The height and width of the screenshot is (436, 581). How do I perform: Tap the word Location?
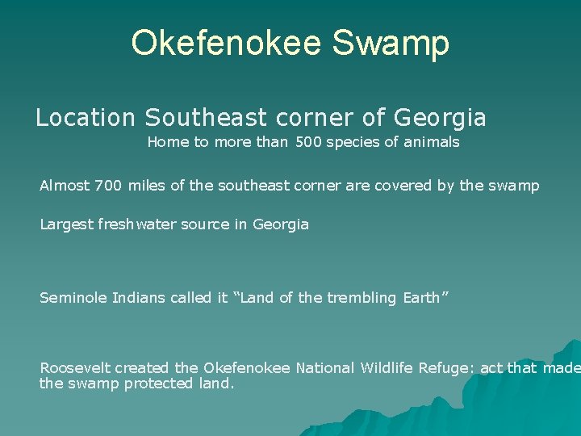coord(86,118)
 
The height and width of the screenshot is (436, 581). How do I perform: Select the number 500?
coord(308,142)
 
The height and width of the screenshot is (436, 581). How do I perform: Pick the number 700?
coord(108,186)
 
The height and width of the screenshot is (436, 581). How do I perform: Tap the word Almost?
coord(65,186)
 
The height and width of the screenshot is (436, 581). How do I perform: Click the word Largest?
coord(67,224)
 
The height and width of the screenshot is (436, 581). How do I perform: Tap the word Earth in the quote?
coord(420,298)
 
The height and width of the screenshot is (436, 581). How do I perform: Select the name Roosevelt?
coord(75,368)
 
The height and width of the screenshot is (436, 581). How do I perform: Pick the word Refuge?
coord(446,368)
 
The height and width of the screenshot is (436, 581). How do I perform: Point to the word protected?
coord(158,384)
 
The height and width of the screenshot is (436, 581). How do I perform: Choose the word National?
coord(324,368)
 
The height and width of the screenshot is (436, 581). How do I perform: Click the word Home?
coord(167,142)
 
